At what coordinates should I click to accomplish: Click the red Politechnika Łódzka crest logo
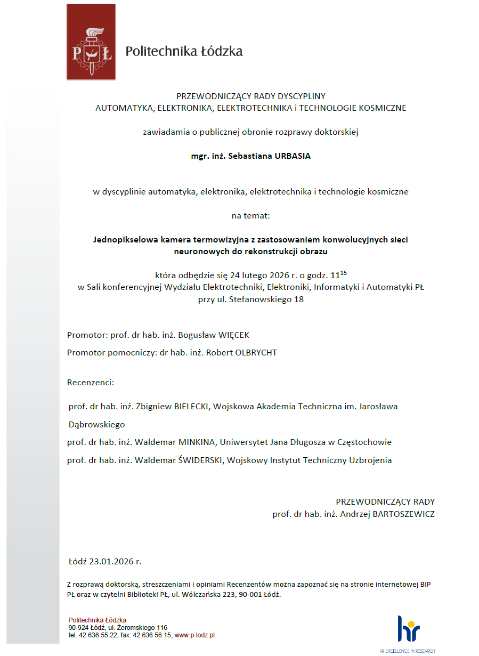[91, 42]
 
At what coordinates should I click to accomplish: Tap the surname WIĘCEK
[230, 335]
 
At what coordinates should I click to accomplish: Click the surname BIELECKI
[192, 406]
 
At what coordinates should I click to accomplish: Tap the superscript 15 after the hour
[343, 273]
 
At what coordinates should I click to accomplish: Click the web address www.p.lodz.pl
[194, 635]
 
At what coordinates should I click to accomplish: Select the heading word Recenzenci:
[91, 382]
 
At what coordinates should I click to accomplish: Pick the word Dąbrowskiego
[96, 424]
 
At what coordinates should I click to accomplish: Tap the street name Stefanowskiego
[260, 299]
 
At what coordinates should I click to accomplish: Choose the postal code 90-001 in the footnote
[246, 594]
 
